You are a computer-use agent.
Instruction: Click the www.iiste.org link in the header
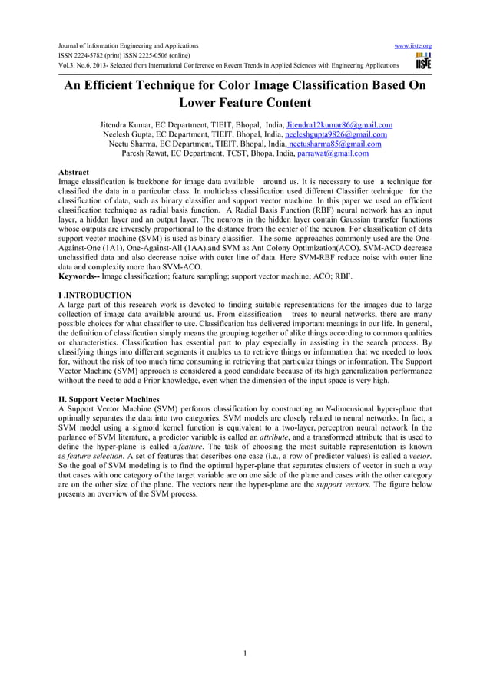click(412, 46)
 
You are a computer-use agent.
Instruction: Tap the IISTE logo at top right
click(422, 61)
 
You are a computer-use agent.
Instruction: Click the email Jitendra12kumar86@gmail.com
click(339, 124)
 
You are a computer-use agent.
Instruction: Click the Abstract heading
click(74, 173)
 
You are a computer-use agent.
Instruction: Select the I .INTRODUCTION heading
click(94, 295)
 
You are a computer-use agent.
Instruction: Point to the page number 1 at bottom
click(245, 654)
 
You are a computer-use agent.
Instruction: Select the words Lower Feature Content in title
click(244, 104)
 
